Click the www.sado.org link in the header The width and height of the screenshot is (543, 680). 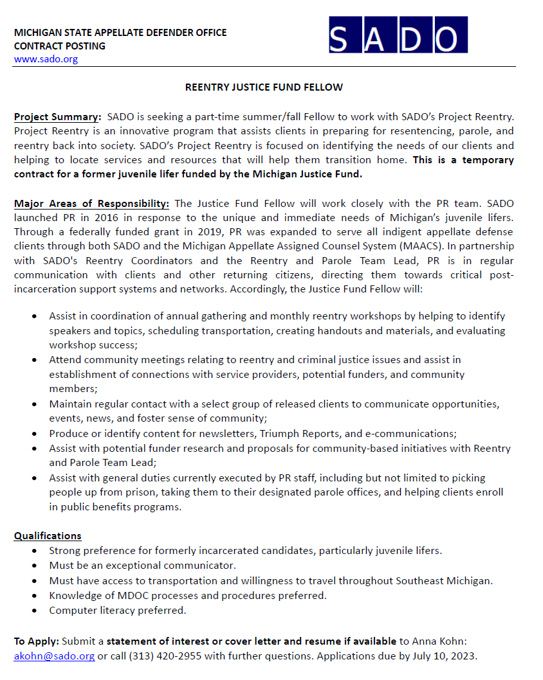click(x=46, y=59)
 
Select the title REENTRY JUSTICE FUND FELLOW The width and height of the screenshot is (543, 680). click(x=264, y=87)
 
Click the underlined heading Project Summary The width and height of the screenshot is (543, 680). click(x=57, y=117)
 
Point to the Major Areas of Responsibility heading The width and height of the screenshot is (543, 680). click(x=91, y=204)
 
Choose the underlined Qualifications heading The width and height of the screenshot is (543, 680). click(x=48, y=535)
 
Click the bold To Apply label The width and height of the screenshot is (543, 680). click(x=36, y=641)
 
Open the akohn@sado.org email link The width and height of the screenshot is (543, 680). click(x=54, y=656)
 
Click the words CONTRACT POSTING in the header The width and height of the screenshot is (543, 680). click(x=59, y=46)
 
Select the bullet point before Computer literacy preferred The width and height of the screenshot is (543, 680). click(x=34, y=611)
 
